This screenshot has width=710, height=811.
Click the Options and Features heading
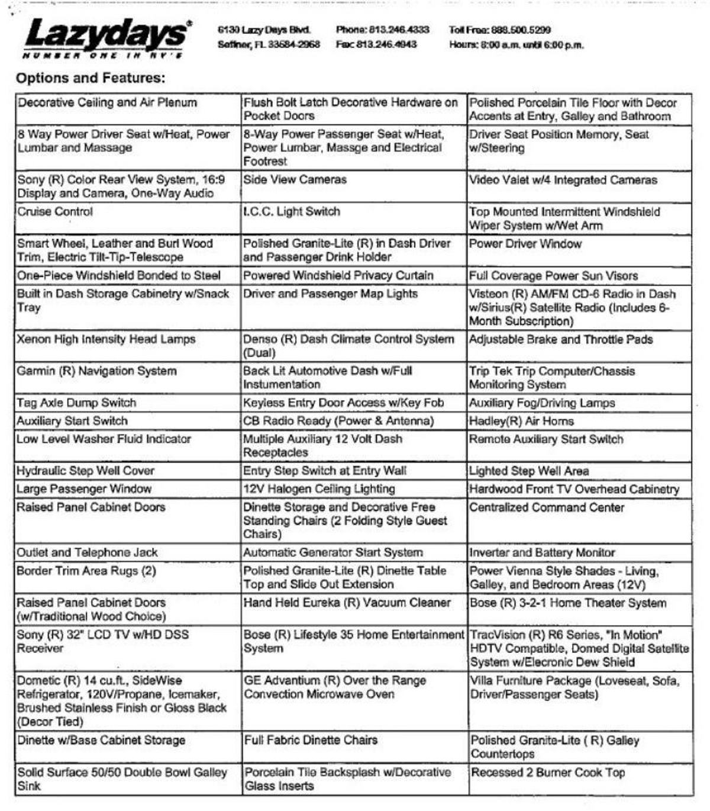[91, 78]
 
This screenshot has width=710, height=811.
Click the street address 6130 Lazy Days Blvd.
[264, 30]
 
